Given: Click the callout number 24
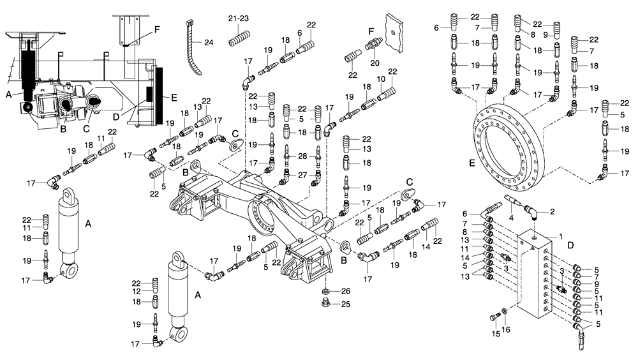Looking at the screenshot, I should click(208, 43).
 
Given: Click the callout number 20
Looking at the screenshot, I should click(375, 63).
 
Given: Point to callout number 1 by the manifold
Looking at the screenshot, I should click(561, 236).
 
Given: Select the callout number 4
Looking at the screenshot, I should click(510, 217).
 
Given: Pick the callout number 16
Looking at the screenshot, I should click(507, 330).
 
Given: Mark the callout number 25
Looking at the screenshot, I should click(345, 304).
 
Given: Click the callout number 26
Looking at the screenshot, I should click(345, 291).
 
